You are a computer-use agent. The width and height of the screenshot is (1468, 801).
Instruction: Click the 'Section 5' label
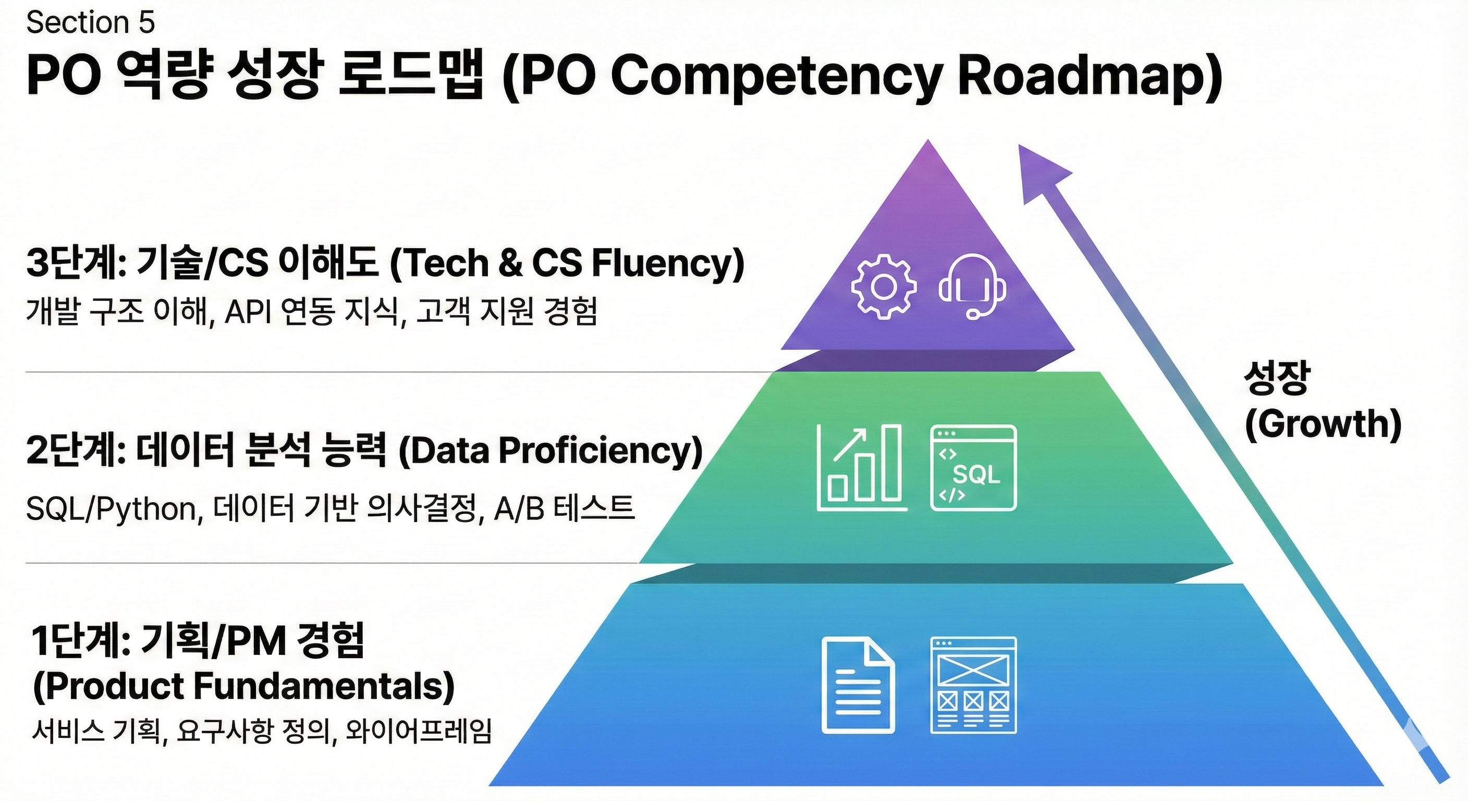tap(90, 23)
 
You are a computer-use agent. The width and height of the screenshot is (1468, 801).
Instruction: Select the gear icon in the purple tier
tap(884, 287)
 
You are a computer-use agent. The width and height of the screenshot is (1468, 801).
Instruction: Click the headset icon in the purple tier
tap(972, 287)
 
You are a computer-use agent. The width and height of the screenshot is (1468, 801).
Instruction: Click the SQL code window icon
tap(973, 467)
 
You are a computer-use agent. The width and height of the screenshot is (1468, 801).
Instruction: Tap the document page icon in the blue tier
tap(858, 685)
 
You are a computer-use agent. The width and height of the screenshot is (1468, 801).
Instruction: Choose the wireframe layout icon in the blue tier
tap(973, 685)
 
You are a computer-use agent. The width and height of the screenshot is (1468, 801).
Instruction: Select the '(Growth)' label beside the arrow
tap(1323, 424)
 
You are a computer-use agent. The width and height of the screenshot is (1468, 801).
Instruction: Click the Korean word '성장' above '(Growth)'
tap(1277, 378)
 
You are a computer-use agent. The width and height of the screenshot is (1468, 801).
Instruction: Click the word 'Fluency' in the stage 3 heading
tap(668, 263)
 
